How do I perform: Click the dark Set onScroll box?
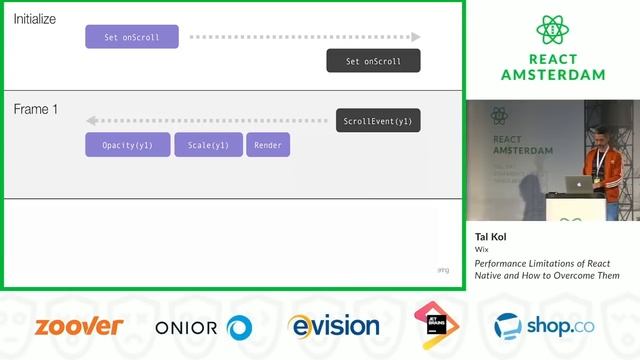(373, 61)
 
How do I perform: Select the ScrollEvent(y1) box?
(377, 121)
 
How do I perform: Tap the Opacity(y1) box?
(127, 145)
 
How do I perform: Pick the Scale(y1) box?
(208, 145)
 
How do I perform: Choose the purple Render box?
(268, 145)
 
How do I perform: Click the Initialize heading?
(34, 19)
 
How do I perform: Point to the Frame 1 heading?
(35, 108)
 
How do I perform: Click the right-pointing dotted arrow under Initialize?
(305, 38)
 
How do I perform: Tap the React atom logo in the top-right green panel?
(552, 30)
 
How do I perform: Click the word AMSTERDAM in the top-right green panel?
(552, 75)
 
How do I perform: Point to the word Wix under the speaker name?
(481, 251)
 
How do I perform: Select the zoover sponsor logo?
(79, 326)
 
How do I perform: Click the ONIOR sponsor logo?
(203, 327)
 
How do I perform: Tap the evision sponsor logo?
(333, 326)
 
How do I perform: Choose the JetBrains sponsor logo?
(436, 325)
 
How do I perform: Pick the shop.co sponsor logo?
(539, 326)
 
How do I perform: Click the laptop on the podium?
(578, 184)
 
